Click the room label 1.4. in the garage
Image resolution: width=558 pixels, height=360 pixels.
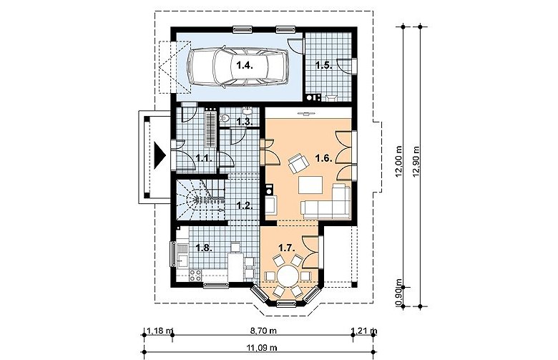pos(245,66)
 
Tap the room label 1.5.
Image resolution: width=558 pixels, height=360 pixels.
pos(324,66)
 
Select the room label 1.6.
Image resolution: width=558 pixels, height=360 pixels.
pos(324,158)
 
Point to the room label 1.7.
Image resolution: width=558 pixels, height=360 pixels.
pos(286,248)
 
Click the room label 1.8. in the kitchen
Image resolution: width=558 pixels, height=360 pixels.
pos(204,248)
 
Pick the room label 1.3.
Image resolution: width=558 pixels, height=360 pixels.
pos(245,122)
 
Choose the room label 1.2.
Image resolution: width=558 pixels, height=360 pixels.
pos(245,205)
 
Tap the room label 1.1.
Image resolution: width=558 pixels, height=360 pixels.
pos(204,158)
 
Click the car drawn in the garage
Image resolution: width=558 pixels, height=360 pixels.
pos(238,67)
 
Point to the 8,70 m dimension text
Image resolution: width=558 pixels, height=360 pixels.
pos(263,331)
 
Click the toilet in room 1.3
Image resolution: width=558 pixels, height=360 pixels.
pos(224,118)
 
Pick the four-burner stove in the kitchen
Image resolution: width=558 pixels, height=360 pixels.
pos(195,276)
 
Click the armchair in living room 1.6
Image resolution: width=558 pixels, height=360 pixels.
pos(298,162)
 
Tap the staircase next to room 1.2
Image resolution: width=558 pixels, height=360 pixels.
pos(200,200)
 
